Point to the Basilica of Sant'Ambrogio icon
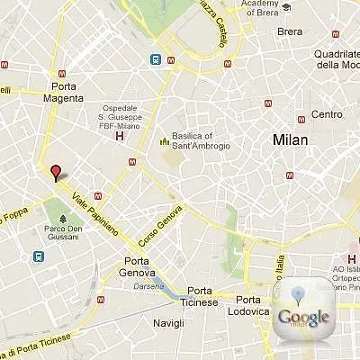164,140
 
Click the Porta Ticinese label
203,297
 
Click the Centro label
326,113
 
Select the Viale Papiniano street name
94,215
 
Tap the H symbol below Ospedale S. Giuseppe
119,137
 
